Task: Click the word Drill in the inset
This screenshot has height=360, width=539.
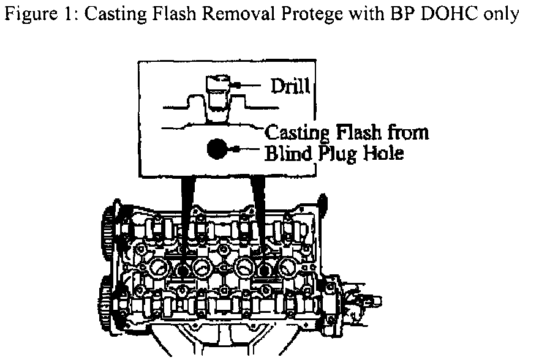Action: tap(292, 86)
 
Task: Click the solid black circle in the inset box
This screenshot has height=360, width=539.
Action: tap(217, 149)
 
